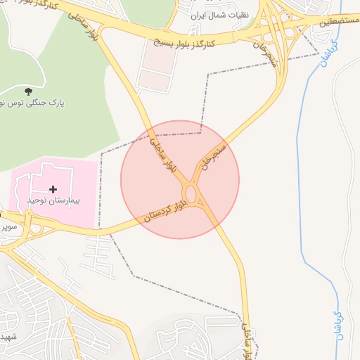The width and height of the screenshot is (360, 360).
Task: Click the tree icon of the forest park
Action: pyautogui.click(x=28, y=91)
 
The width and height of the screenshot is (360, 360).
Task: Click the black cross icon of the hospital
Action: pyautogui.click(x=53, y=189)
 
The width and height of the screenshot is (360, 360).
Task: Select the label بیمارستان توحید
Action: pyautogui.click(x=53, y=200)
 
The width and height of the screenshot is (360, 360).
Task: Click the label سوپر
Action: pyautogui.click(x=8, y=227)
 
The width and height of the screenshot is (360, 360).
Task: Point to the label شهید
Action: pyautogui.click(x=8, y=336)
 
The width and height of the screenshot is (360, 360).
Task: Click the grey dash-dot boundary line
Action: pyautogui.click(x=208, y=91)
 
